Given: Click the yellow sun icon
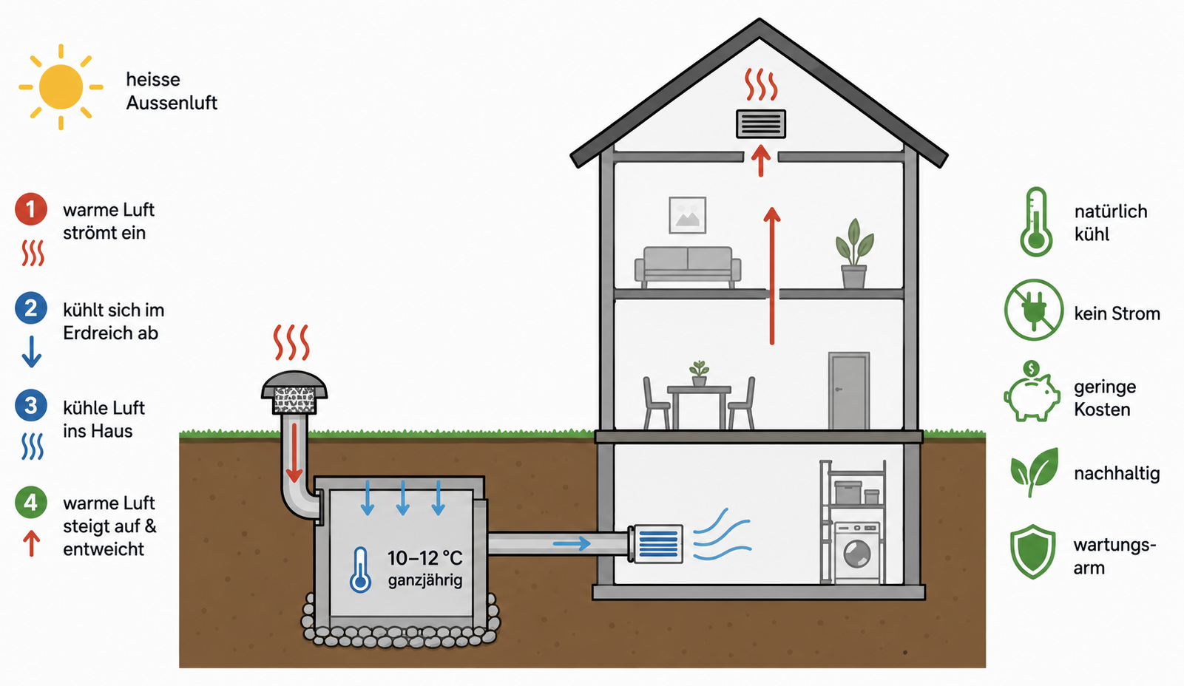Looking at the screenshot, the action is click(61, 87).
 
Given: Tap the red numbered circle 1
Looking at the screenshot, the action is click(30, 209).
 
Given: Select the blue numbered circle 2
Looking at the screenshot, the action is click(30, 308).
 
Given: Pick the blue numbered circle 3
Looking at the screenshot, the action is click(30, 405).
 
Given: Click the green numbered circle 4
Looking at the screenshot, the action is click(30, 502).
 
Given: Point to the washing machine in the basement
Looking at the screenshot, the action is click(857, 551).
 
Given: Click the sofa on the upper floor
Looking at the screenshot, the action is click(688, 267).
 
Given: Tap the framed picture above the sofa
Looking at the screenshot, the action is click(687, 215).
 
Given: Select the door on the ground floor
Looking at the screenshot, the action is click(849, 390).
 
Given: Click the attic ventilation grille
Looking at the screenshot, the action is click(760, 124).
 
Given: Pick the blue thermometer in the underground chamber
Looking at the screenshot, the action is click(360, 569).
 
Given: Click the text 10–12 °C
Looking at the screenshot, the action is click(425, 557).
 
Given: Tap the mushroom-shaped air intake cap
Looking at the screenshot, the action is click(294, 392).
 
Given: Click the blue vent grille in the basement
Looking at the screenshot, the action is click(658, 544).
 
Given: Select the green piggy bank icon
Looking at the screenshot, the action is click(1031, 392).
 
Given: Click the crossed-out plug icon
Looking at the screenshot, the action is click(1033, 310).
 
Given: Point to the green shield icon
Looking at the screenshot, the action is click(1032, 551).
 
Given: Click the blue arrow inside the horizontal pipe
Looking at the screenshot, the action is click(572, 543).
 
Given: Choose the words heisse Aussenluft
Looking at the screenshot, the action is click(172, 91).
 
